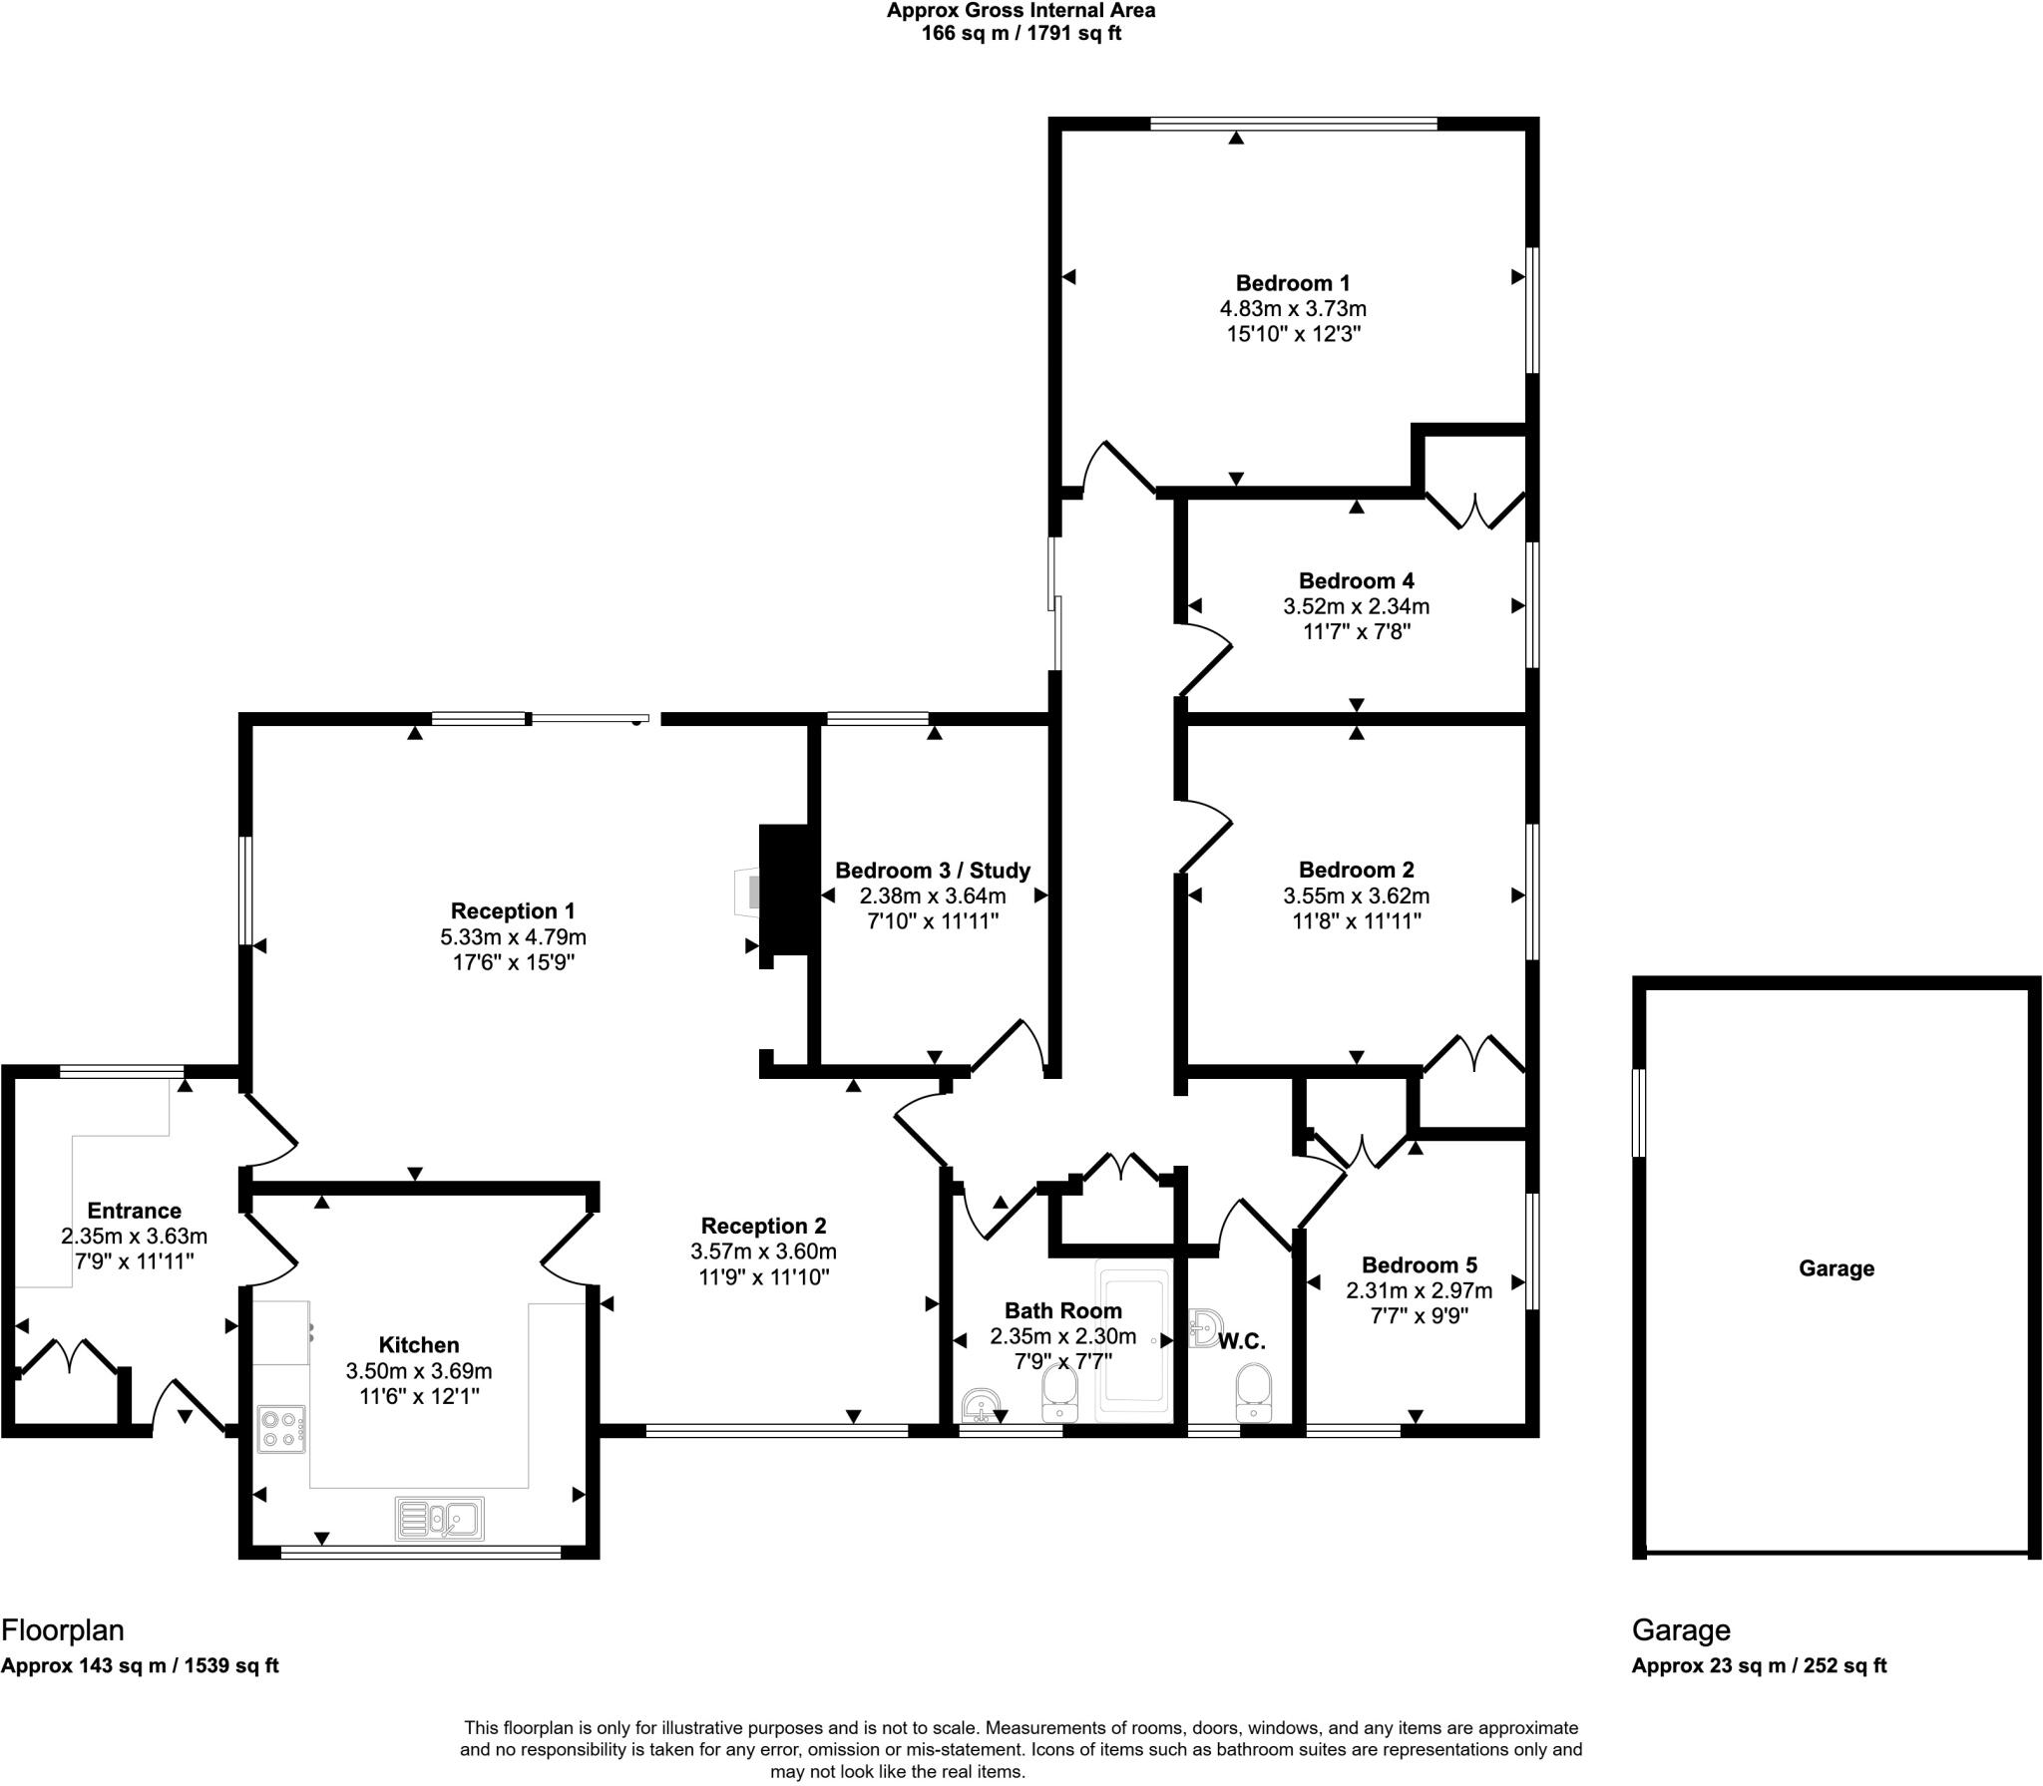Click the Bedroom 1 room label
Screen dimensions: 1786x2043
click(1293, 283)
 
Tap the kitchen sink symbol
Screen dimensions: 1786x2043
click(440, 1518)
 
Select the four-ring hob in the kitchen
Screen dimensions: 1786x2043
click(281, 1428)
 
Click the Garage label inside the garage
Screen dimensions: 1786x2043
click(1836, 1268)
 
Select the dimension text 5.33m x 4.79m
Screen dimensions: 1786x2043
click(513, 936)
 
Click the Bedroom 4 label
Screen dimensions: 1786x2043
click(1356, 580)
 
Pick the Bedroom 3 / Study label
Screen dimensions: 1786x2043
click(932, 870)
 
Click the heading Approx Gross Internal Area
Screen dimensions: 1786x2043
click(1021, 11)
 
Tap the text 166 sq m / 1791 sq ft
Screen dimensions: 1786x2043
click(1021, 34)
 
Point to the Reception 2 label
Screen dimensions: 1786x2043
click(763, 1226)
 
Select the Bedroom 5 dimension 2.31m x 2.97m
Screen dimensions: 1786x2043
click(1419, 1290)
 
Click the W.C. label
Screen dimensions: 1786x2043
click(1242, 1341)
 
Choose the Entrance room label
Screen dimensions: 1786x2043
click(134, 1211)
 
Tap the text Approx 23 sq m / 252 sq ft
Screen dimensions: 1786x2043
click(1759, 1665)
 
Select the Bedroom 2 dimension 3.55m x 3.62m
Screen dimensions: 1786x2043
click(1356, 895)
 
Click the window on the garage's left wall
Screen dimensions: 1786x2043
click(1638, 1113)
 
